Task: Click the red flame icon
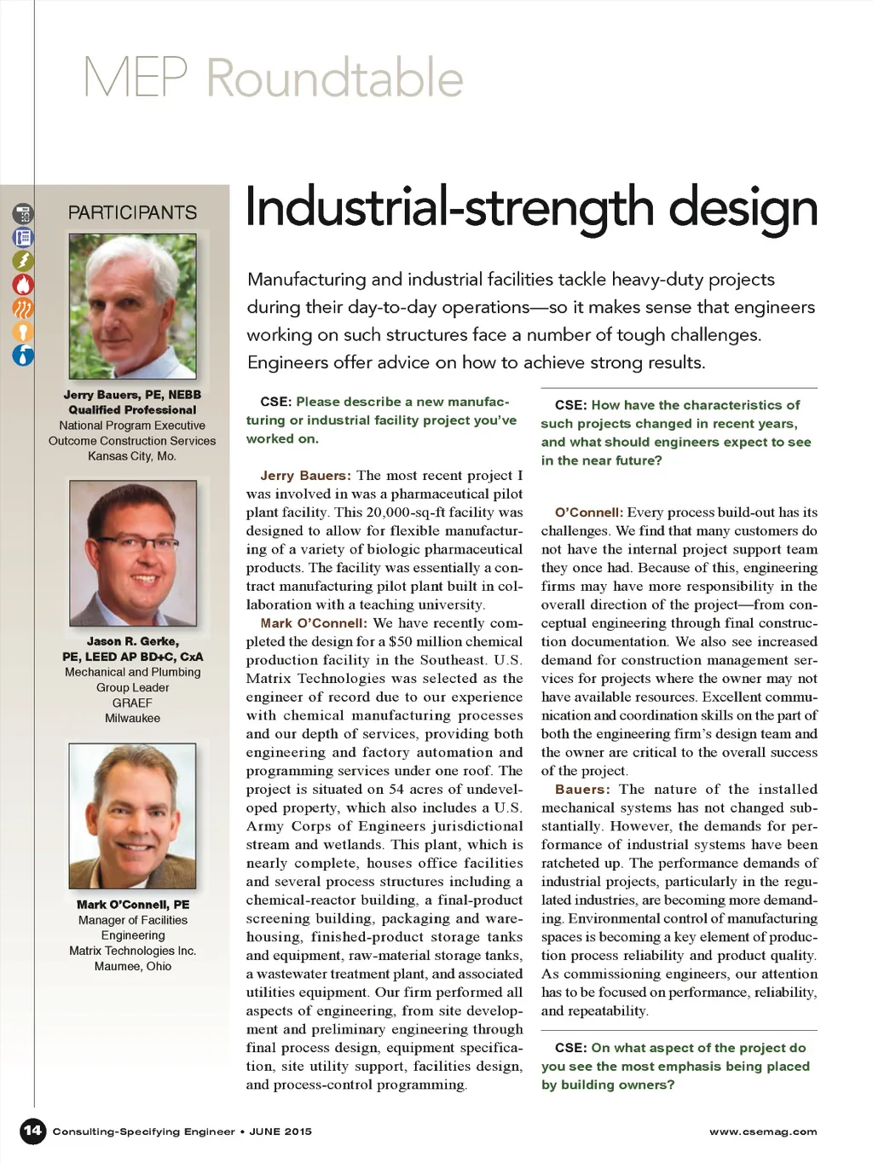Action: point(23,284)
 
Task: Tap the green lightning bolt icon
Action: point(23,260)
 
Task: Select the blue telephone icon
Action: point(23,237)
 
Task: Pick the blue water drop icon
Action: point(23,355)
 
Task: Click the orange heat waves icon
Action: point(23,308)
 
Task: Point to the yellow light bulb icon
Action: point(23,332)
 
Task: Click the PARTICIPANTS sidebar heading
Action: point(132,212)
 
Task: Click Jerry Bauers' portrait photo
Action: point(132,306)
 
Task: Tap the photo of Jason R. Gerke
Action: point(132,553)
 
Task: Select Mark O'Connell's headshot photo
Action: point(132,816)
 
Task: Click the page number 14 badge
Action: point(32,1131)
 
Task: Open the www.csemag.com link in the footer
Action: point(762,1131)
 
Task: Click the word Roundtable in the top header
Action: point(334,78)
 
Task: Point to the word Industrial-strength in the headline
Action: point(449,209)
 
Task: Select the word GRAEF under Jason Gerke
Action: point(132,703)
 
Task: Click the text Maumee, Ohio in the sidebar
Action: point(132,966)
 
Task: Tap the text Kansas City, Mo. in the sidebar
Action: point(132,456)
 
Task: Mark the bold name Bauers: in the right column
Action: point(582,790)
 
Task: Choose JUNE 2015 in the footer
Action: point(280,1131)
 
